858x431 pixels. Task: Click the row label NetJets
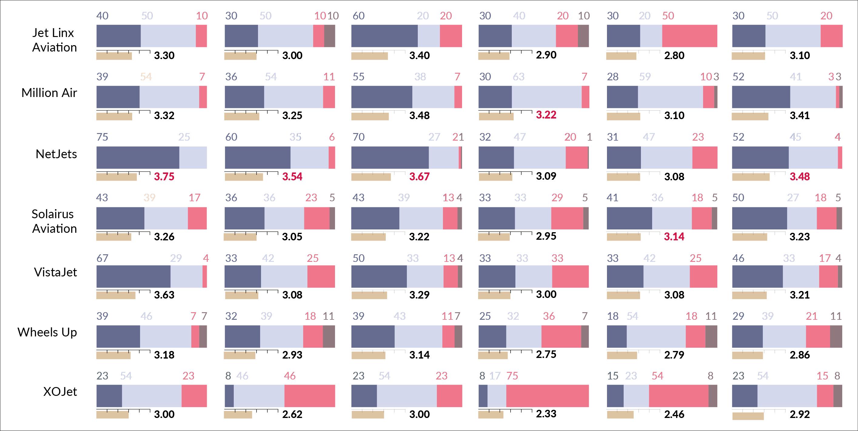[56, 154]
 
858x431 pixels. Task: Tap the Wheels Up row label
[47, 332]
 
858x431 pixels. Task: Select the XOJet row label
[60, 392]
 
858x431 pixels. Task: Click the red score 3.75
[164, 176]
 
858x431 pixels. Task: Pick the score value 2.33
[546, 414]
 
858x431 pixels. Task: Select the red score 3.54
[292, 176]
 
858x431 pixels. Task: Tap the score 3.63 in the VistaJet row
[164, 295]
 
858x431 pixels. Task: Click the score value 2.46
[674, 414]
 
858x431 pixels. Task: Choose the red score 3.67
[419, 176]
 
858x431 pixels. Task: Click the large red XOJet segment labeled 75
[547, 396]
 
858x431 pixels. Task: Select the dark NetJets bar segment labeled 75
[138, 158]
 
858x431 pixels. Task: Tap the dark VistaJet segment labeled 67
[133, 276]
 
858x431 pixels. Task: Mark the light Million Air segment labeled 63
[546, 97]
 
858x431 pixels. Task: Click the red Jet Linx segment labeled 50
[689, 36]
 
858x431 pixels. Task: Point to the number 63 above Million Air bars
[518, 77]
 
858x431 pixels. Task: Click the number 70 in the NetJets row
[358, 137]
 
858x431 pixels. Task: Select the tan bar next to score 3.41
[750, 117]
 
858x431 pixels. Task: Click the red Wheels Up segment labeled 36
[561, 336]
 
